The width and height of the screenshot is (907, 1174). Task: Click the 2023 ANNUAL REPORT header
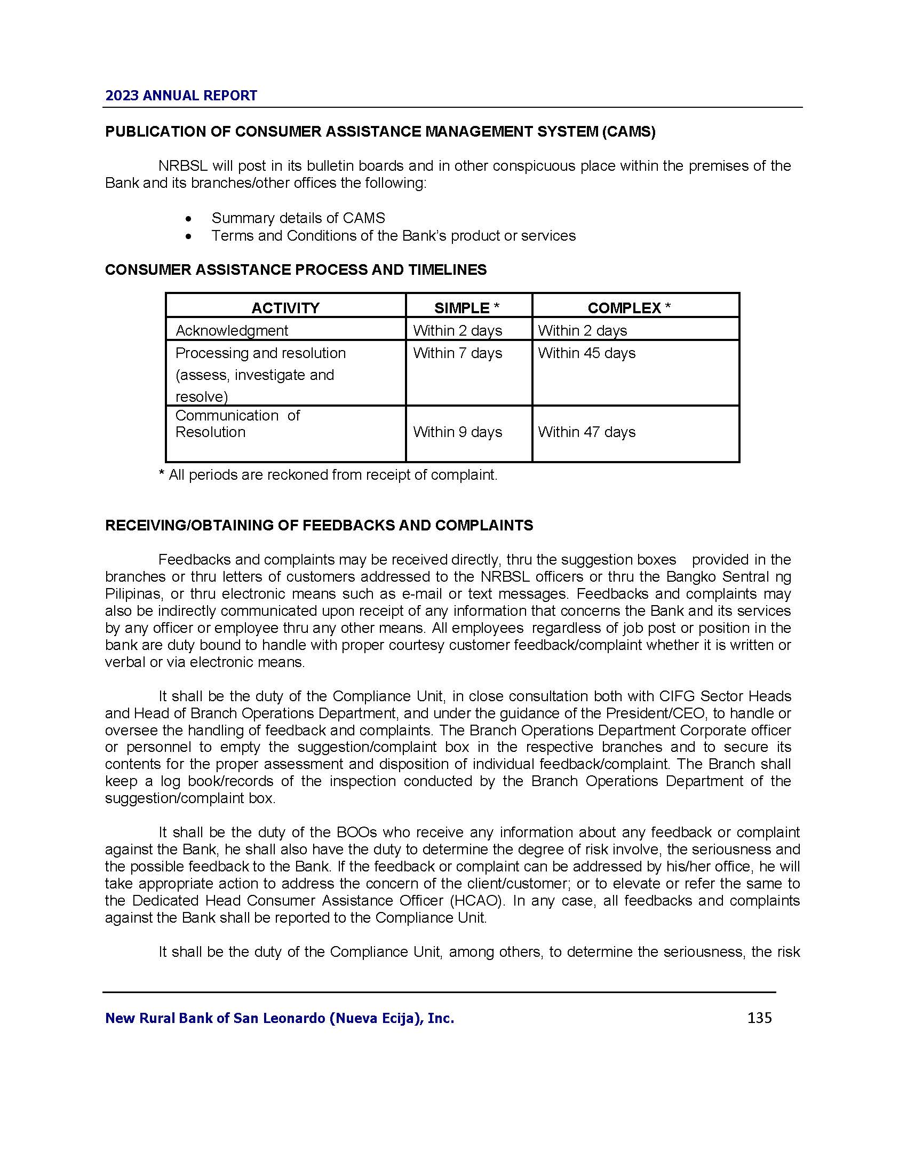[181, 96]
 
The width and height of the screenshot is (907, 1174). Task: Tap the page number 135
[759, 1018]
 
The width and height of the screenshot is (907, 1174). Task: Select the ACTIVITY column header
[285, 308]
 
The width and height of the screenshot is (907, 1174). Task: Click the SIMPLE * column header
[467, 308]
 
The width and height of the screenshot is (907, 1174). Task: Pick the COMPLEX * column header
[628, 308]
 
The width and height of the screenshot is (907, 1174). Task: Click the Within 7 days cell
[457, 353]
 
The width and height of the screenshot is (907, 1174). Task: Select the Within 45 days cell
[586, 353]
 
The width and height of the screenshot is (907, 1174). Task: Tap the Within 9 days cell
[457, 432]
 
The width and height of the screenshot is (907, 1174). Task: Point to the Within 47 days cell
[586, 432]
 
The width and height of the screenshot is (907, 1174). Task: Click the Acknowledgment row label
[232, 331]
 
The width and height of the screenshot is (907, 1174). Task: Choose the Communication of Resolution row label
[237, 424]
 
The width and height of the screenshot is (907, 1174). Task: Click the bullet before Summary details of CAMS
[187, 219]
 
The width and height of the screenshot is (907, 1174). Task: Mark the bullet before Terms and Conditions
[187, 236]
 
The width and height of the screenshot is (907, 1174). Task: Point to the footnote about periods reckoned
[328, 475]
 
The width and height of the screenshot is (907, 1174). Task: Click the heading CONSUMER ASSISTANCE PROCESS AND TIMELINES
[296, 270]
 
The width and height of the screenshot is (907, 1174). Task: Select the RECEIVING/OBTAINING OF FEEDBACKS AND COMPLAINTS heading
[319, 526]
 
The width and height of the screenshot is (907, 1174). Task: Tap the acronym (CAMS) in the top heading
[628, 132]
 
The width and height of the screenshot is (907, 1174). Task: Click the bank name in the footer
[280, 1018]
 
